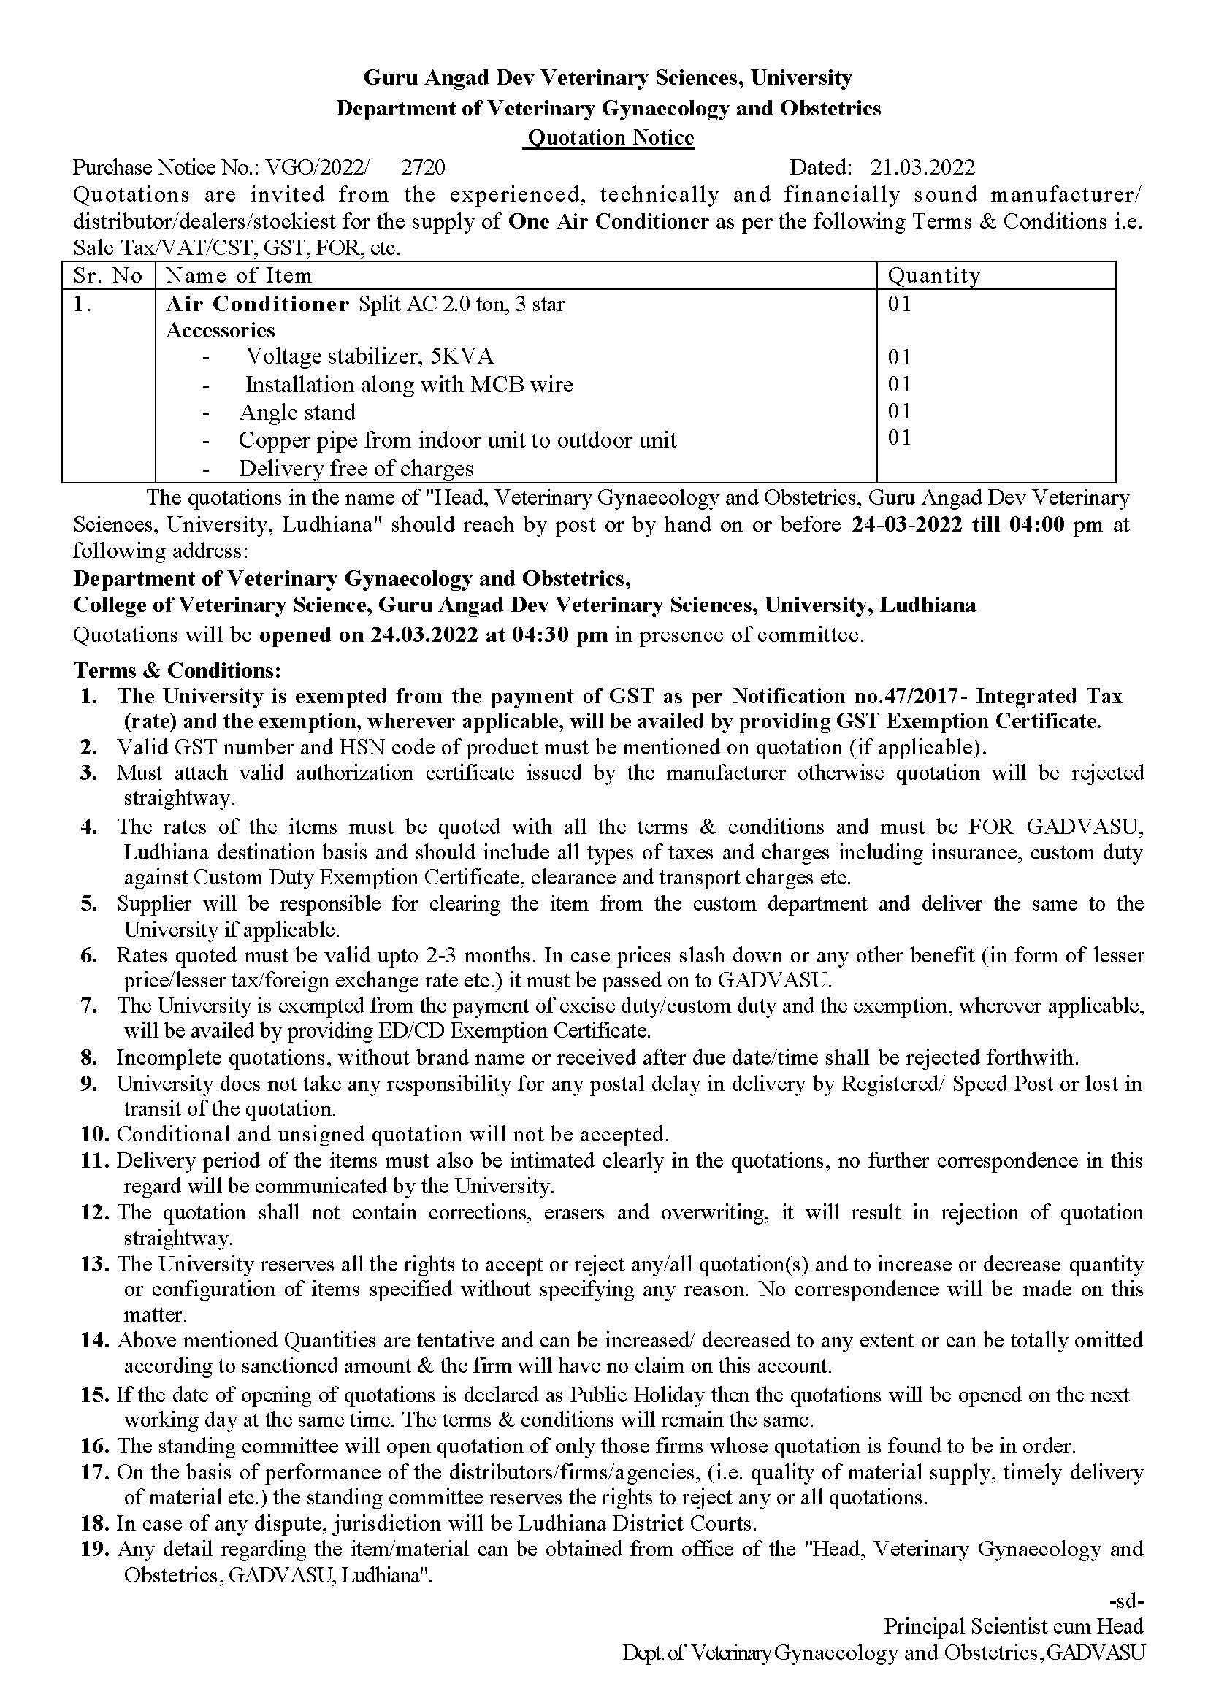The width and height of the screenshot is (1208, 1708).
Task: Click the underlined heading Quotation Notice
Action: tap(609, 138)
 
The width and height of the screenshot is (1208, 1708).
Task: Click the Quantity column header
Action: tap(933, 276)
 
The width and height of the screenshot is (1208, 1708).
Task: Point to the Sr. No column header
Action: tap(108, 276)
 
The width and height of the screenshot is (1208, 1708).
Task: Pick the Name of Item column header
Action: tap(238, 276)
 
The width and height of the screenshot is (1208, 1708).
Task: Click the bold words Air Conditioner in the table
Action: tap(257, 305)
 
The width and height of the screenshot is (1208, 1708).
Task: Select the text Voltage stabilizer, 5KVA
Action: tap(370, 357)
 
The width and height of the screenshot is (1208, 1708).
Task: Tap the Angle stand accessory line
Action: tap(297, 413)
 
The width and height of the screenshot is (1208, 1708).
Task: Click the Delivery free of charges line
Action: tap(356, 469)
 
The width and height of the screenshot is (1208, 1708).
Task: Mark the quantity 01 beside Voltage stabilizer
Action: tap(899, 358)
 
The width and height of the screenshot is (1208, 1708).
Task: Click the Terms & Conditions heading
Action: tap(177, 670)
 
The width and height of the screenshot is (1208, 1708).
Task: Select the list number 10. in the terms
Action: tap(96, 1135)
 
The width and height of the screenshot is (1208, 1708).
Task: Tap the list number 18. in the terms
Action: tap(96, 1523)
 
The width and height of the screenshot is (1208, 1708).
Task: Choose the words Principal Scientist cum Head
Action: tap(1013, 1626)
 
